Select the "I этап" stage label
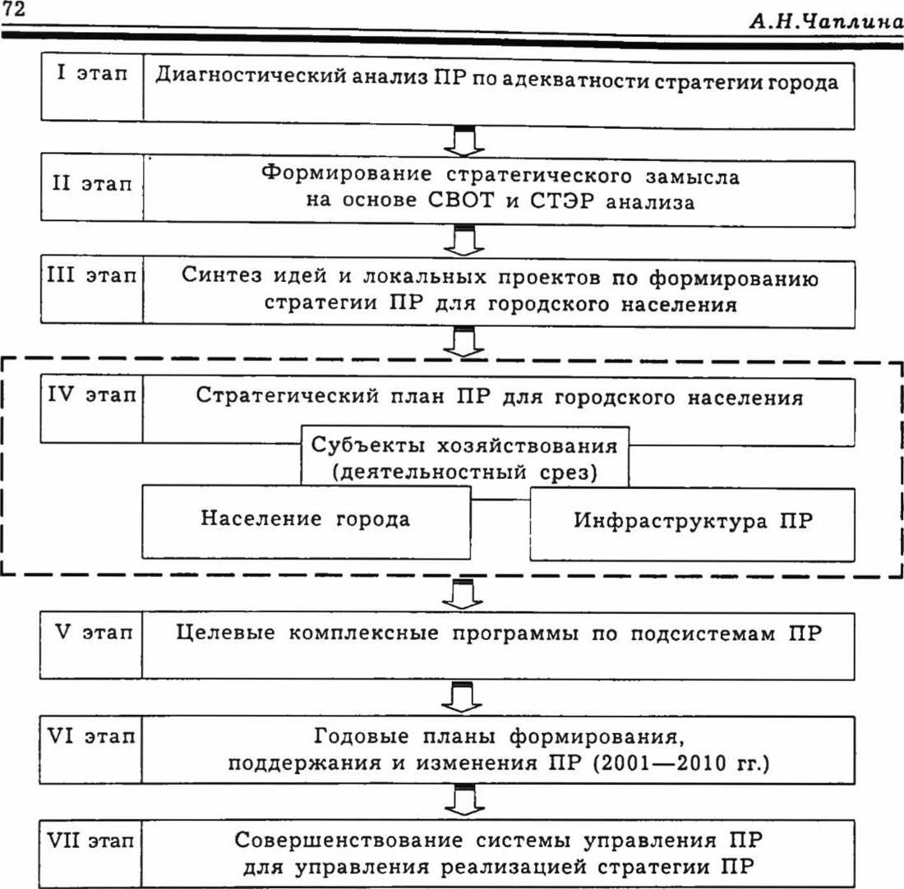93,73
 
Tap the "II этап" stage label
91,186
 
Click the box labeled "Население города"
306,519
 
